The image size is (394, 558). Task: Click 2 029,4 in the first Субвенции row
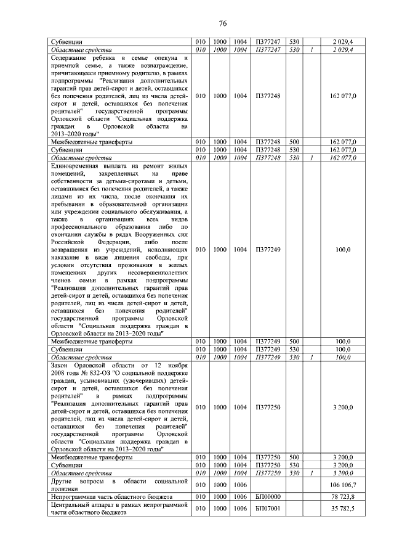coord(344,42)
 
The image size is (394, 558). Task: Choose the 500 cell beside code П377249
coord(294,342)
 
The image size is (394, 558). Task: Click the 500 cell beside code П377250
coord(294,457)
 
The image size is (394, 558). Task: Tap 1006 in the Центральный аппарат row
coord(236,509)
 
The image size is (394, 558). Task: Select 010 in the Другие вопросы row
coord(200,485)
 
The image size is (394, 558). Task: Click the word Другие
coord(63,481)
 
